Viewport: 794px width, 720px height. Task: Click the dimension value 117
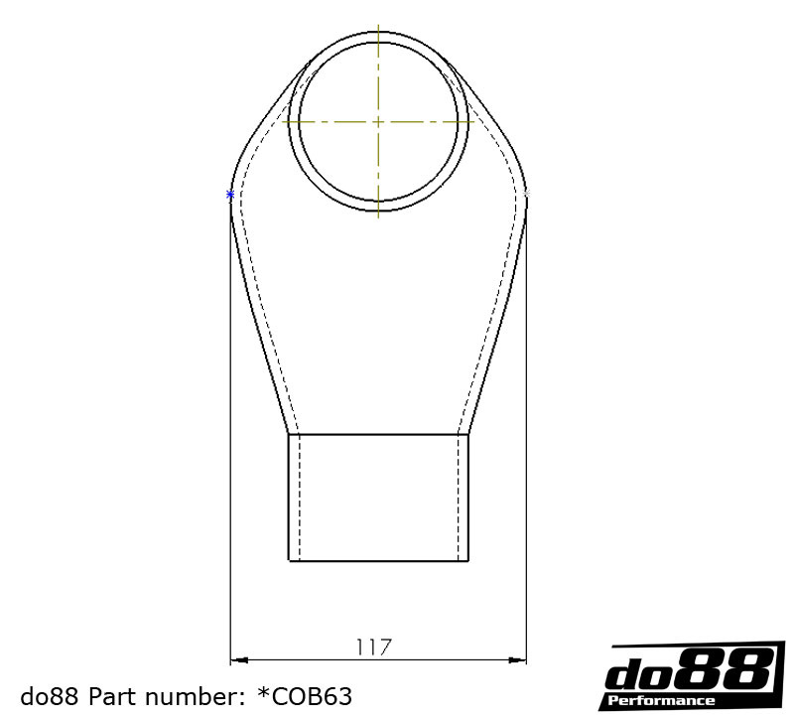(374, 648)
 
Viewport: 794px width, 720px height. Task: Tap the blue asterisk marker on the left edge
(230, 195)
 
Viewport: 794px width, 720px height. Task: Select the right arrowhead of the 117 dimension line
(520, 658)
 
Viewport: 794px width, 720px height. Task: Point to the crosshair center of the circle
(378, 121)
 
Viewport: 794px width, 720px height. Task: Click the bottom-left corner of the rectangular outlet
(289, 561)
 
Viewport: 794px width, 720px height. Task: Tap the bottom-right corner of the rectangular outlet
(468, 561)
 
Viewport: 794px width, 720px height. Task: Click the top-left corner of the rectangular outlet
(289, 434)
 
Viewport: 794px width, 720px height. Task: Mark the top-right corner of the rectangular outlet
(468, 434)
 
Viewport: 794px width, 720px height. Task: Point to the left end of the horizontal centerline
(284, 121)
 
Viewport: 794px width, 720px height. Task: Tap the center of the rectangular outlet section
(378, 498)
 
